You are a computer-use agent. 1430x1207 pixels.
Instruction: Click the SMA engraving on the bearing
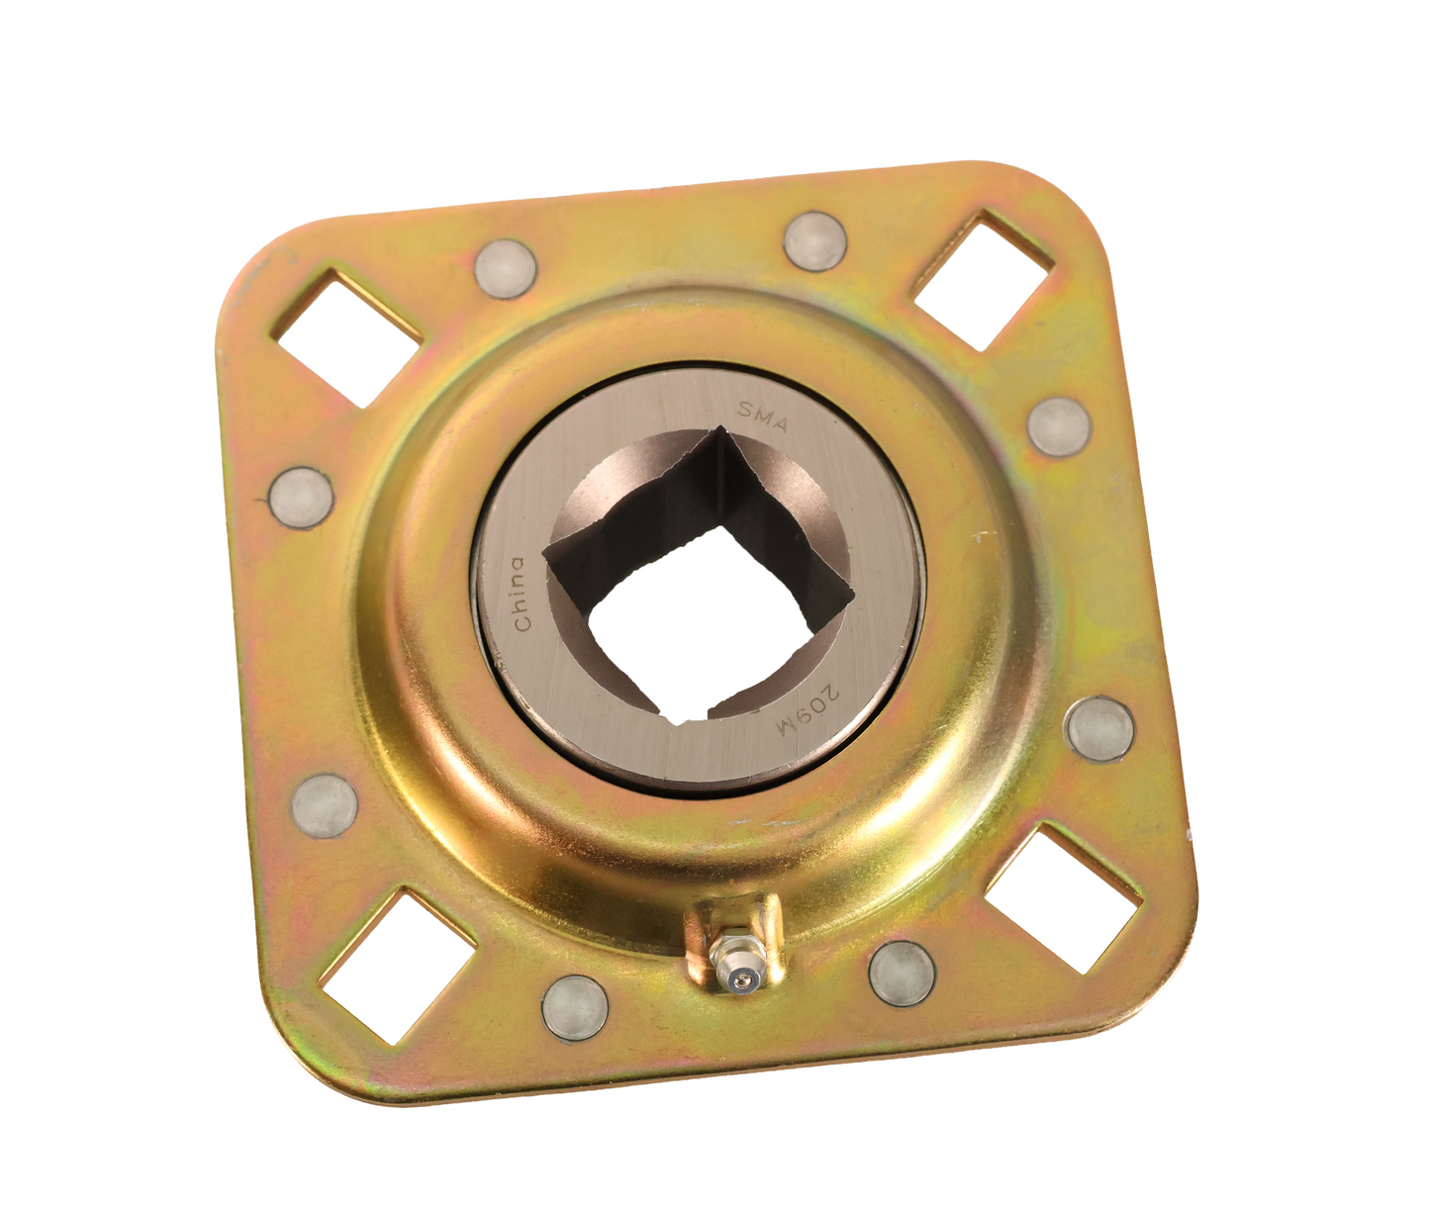click(764, 417)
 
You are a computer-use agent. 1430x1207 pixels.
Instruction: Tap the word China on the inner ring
click(519, 594)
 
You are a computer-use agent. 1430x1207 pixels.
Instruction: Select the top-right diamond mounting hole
click(980, 280)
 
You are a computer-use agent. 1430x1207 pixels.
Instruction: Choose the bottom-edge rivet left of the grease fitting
click(575, 1008)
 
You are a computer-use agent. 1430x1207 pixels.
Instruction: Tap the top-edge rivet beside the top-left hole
click(506, 269)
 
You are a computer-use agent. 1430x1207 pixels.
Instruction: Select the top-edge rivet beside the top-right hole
click(815, 240)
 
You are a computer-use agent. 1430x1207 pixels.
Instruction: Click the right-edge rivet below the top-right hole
click(1059, 426)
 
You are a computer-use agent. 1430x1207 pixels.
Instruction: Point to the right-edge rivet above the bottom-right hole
click(1099, 728)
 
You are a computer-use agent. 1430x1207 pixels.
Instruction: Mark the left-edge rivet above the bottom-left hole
click(325, 804)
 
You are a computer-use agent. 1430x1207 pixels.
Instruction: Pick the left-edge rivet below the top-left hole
click(301, 498)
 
